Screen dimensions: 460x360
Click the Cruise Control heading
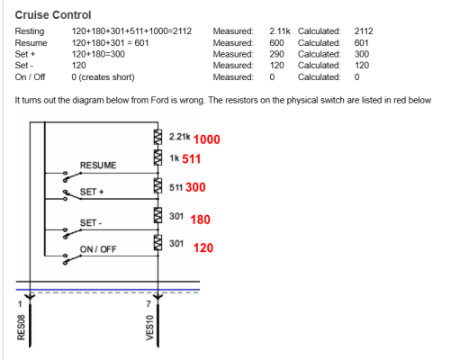coord(53,15)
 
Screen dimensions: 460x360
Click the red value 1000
coord(207,139)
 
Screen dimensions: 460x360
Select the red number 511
coord(192,159)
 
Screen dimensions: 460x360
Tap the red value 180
coord(200,220)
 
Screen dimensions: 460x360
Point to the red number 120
coord(203,247)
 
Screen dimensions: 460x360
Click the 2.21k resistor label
coord(179,137)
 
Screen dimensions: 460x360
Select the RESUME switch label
coord(98,166)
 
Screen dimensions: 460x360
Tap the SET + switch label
coord(92,192)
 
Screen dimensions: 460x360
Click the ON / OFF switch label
coord(98,249)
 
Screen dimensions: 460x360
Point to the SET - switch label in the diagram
coord(91,223)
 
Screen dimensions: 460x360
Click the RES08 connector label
coord(21,328)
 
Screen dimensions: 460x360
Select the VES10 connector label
coord(149,328)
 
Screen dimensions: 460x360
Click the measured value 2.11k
coord(280,31)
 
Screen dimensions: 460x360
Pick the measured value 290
coord(276,54)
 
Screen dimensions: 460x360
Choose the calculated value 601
coord(362,43)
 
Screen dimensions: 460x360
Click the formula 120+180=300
coord(98,54)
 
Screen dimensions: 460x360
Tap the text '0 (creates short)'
coord(103,77)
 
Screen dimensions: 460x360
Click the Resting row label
coord(30,31)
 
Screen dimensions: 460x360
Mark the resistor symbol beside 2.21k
coord(158,137)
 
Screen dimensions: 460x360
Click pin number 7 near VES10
coord(149,304)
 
